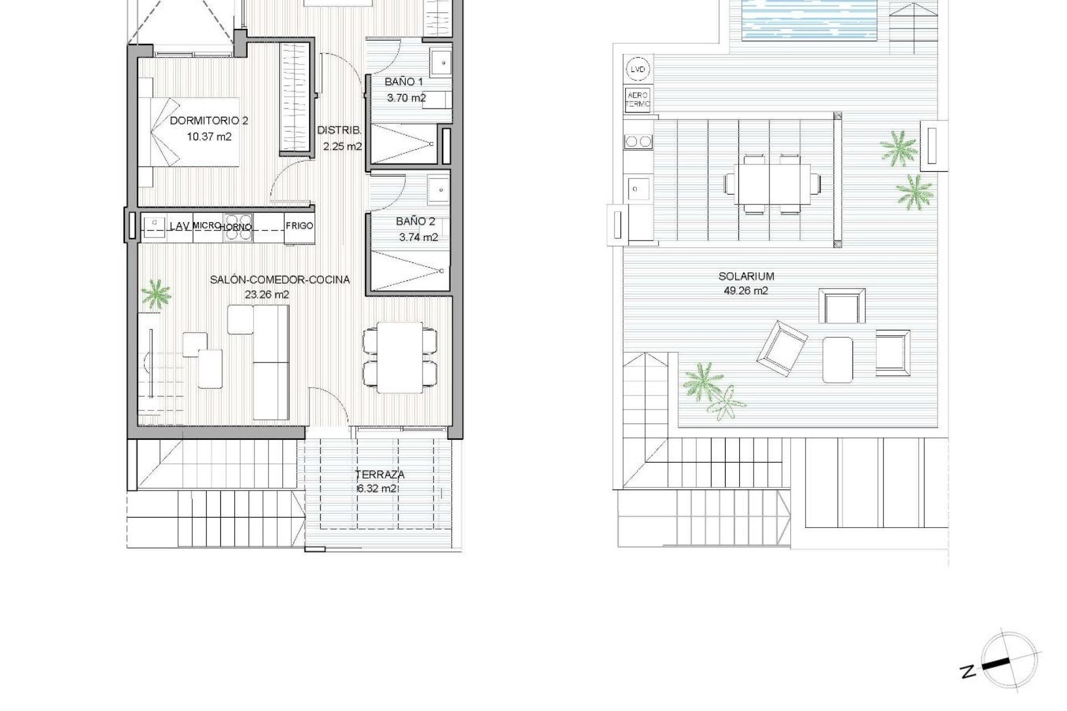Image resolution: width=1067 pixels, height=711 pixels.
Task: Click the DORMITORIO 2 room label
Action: (208, 121)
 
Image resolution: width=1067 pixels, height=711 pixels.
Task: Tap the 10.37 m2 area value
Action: (209, 136)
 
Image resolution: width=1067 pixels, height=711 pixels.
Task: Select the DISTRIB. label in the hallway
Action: (339, 131)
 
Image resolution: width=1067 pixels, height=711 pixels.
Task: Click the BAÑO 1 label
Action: (403, 82)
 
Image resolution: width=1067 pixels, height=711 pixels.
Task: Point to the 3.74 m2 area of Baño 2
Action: (418, 238)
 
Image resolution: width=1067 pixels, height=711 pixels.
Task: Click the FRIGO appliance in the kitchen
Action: (300, 226)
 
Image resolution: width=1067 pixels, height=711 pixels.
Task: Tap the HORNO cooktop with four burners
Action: (238, 228)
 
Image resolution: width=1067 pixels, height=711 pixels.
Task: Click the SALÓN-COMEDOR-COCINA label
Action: (280, 280)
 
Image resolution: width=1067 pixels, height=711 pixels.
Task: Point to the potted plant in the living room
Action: (156, 294)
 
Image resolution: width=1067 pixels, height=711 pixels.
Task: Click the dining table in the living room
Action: (400, 357)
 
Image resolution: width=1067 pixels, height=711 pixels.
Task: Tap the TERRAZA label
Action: (380, 475)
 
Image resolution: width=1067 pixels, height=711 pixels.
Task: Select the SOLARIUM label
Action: (746, 276)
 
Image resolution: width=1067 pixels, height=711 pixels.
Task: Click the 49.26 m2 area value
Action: (746, 291)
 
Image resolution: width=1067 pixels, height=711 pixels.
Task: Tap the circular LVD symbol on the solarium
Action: (638, 70)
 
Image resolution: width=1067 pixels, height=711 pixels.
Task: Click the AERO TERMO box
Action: (637, 100)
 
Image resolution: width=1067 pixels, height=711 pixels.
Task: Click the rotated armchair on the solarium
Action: (781, 347)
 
